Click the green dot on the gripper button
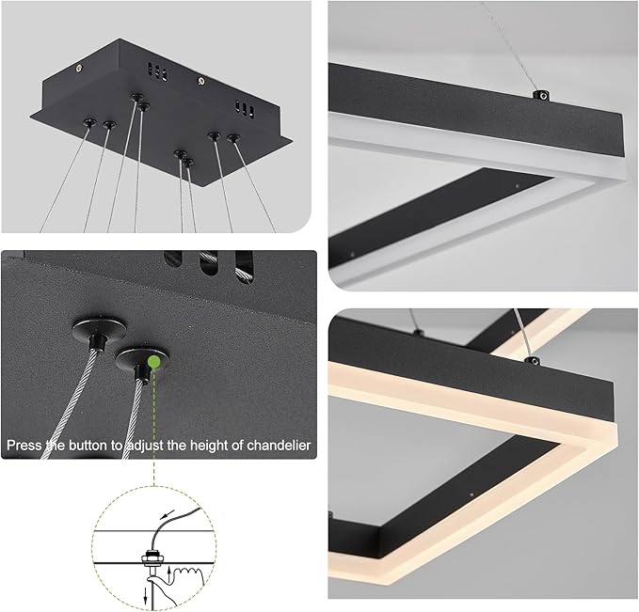click(x=153, y=359)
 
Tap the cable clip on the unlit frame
click(x=541, y=94)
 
